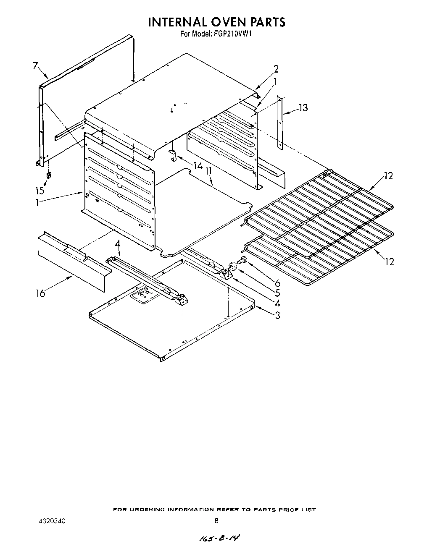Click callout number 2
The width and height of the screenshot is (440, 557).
click(276, 69)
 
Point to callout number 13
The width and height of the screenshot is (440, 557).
click(303, 108)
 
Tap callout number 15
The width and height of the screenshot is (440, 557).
click(40, 190)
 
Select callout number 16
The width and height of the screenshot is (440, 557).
click(40, 293)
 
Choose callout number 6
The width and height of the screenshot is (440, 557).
click(277, 283)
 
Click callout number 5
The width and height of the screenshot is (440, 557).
click(277, 293)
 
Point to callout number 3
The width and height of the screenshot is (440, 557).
click(277, 315)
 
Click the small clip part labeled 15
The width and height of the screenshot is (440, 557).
click(49, 175)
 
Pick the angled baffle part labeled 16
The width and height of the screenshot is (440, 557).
click(71, 262)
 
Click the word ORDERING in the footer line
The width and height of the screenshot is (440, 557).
click(149, 510)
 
